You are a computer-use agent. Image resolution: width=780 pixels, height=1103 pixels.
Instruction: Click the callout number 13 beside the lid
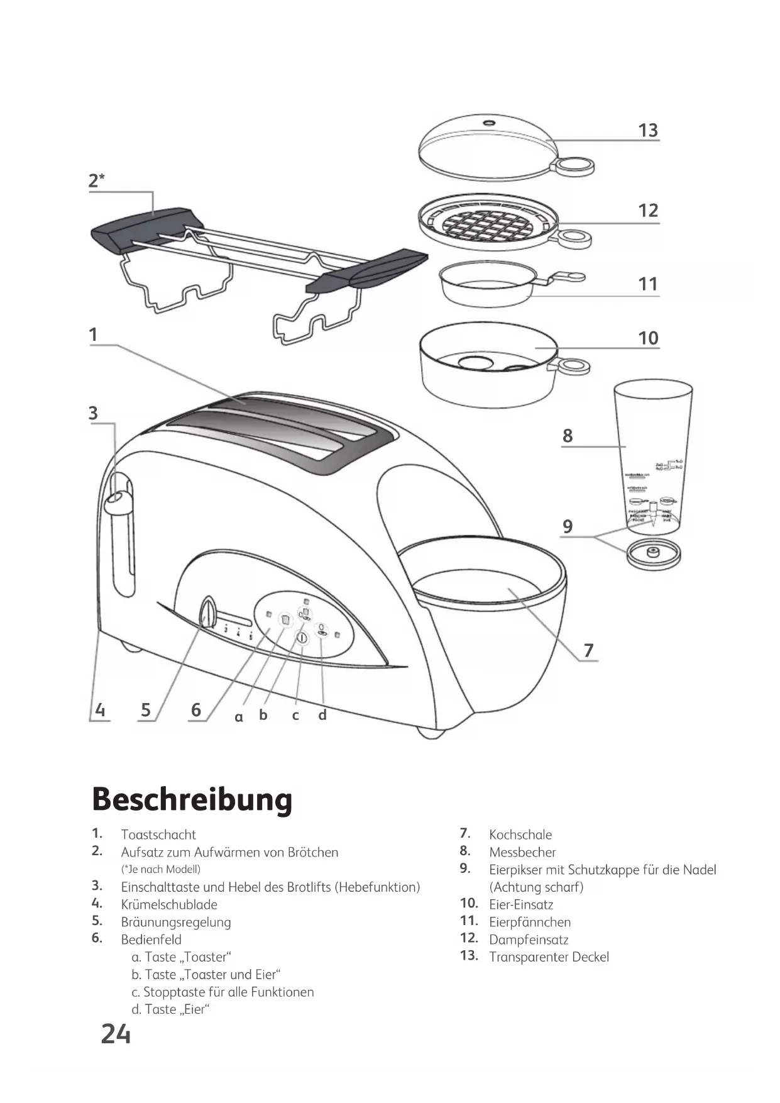(x=648, y=130)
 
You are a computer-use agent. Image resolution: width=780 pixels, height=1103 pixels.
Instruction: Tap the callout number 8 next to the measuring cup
(x=568, y=436)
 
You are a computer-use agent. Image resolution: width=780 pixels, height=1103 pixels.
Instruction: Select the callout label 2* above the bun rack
(x=96, y=181)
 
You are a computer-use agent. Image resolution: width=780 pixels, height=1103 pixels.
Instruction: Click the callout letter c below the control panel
(x=295, y=716)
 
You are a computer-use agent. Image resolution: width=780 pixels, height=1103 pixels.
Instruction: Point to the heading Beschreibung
(x=192, y=800)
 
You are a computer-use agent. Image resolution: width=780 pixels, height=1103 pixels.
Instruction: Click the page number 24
(x=116, y=1034)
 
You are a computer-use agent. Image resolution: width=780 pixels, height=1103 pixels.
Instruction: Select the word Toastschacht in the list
(x=158, y=834)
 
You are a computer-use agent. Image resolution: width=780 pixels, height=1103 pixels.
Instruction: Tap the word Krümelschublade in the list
(x=169, y=904)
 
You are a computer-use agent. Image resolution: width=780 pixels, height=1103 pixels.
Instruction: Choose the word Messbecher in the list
(x=522, y=852)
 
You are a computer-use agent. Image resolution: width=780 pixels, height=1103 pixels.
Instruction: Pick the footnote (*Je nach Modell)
(x=161, y=869)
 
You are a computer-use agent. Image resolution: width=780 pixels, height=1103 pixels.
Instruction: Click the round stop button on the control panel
(x=301, y=638)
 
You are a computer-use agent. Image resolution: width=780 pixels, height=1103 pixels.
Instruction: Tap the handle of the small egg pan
(x=565, y=277)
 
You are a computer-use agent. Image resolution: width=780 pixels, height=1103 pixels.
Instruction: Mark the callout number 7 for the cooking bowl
(x=588, y=650)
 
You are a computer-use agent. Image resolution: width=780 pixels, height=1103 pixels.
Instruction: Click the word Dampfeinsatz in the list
(x=529, y=939)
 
